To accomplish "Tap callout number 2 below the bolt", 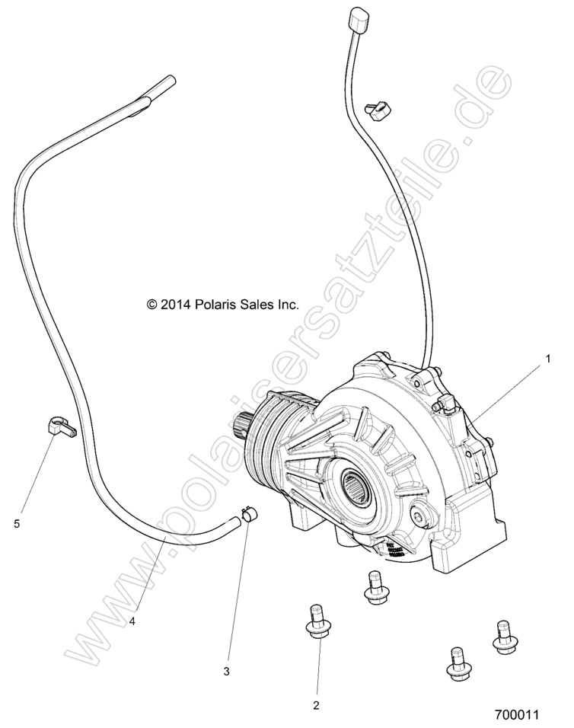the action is [x=316, y=704].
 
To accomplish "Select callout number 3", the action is [x=226, y=671].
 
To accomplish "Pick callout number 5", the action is [x=17, y=523].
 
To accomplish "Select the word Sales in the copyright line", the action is [x=248, y=305].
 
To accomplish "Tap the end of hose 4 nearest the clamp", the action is [x=230, y=522].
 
